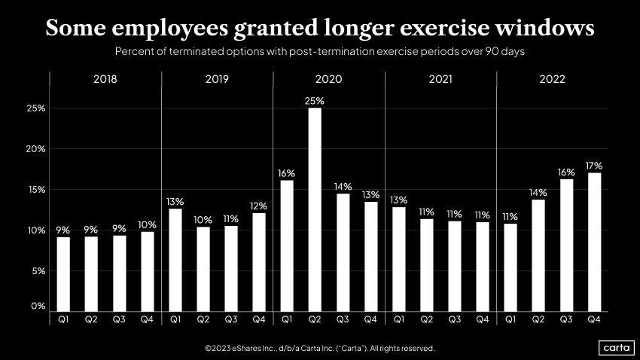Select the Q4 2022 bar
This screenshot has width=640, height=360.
[x=594, y=242]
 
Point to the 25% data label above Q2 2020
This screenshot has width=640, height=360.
[x=315, y=100]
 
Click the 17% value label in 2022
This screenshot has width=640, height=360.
[x=594, y=165]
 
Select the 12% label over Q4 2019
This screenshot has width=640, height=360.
[x=259, y=205]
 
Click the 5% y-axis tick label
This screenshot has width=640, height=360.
[x=38, y=271]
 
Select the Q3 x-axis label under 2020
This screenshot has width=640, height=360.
[x=343, y=320]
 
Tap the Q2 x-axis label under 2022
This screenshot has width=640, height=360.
[x=538, y=320]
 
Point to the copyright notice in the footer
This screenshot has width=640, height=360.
[x=319, y=348]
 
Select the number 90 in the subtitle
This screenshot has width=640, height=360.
[x=497, y=52]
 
